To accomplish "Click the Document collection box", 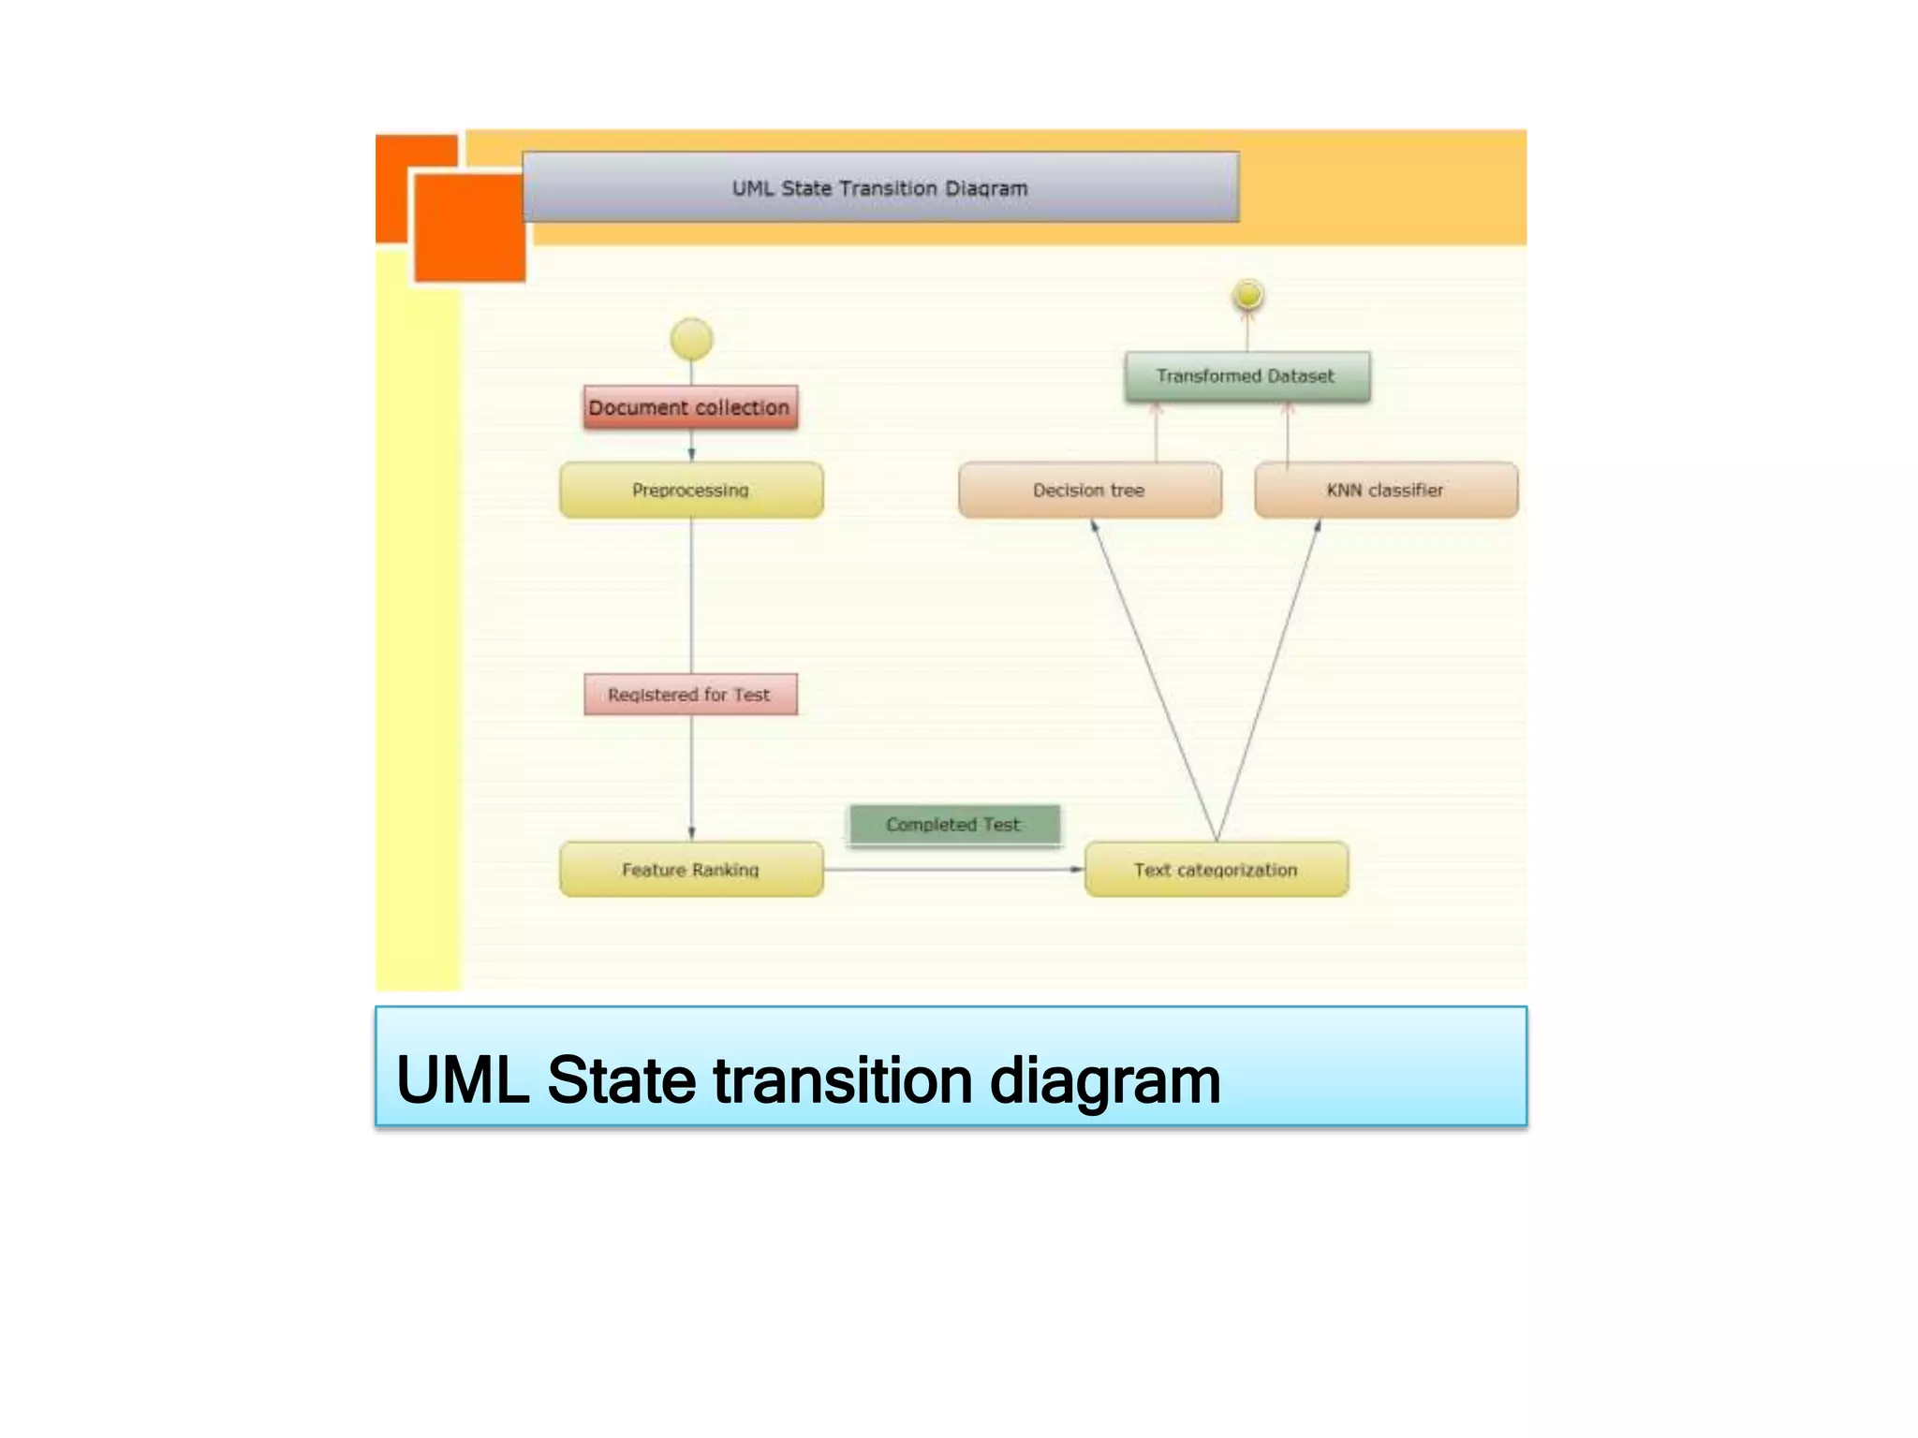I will pyautogui.click(x=691, y=408).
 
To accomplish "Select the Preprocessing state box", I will pyautogui.click(x=691, y=490).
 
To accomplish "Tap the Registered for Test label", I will pyautogui.click(x=690, y=695).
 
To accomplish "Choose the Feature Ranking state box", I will pyautogui.click(x=691, y=870).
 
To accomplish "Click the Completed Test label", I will pyautogui.click(x=953, y=825).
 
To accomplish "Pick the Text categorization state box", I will pyautogui.click(x=1216, y=870).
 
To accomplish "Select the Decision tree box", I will pyautogui.click(x=1089, y=490).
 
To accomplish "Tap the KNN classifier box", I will pyautogui.click(x=1385, y=490).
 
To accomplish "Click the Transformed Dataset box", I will pyautogui.click(x=1247, y=376).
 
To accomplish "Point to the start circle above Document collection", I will pyautogui.click(x=691, y=339).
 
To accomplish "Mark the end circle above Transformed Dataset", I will pyautogui.click(x=1248, y=296).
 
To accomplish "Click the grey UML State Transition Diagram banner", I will pyautogui.click(x=880, y=188).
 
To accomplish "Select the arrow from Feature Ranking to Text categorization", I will pyautogui.click(x=953, y=870).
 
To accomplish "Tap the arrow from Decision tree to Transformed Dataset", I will pyautogui.click(x=1156, y=433).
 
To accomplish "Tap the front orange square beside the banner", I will pyautogui.click(x=469, y=227).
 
